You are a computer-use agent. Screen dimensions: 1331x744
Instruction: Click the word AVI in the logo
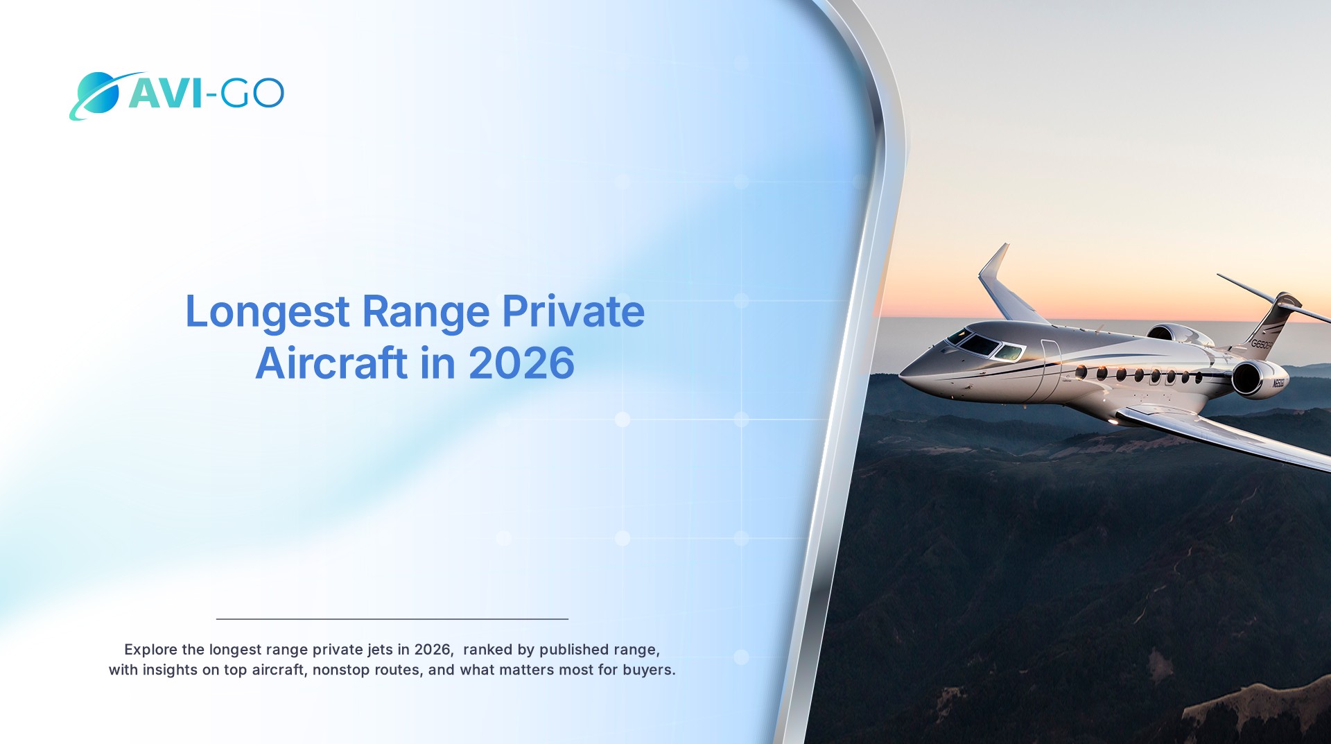pos(165,93)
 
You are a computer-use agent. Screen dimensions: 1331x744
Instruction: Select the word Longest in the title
pos(267,313)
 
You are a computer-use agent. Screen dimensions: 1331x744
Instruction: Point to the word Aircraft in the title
pos(331,363)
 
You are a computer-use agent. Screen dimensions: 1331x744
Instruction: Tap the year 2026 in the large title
pos(521,363)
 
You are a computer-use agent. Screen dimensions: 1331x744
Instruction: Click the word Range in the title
pos(426,313)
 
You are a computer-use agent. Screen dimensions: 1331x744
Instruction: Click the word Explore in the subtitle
pos(150,649)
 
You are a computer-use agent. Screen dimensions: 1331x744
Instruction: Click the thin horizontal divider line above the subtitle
pos(392,618)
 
